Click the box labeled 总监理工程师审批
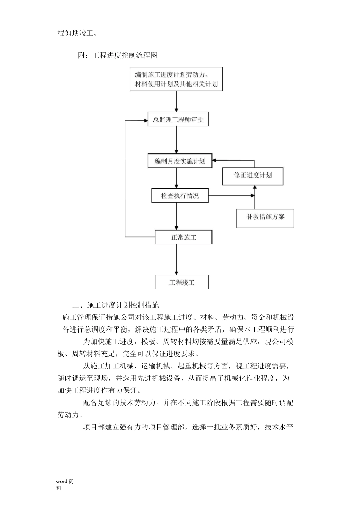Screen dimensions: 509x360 pos(178,120)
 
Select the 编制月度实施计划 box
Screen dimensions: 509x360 pos(180,161)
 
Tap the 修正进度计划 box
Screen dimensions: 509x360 pos(253,175)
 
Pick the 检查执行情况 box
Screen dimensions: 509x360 pos(180,196)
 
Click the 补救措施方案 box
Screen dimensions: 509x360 pos(265,217)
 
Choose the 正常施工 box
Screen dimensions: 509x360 pos(183,237)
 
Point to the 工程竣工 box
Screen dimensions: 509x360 pos(182,283)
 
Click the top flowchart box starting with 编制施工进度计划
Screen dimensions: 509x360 pos(176,79)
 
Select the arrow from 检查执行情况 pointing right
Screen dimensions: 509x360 pos(231,196)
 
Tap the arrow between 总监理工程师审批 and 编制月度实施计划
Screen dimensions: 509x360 pos(176,140)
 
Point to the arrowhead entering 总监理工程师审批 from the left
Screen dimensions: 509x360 pos(145,120)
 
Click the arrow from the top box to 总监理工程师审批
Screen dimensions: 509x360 pos(176,101)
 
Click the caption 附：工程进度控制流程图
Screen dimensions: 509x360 pos(117,55)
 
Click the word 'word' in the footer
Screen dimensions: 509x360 pos(61,482)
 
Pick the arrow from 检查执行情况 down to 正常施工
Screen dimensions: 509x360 pos(176,216)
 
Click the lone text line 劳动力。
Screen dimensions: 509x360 pos(70,415)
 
